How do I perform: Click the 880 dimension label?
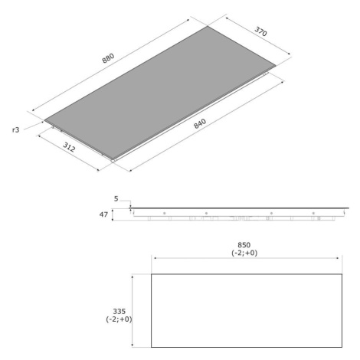[108, 58]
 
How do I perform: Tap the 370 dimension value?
[260, 31]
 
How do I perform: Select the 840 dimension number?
[200, 123]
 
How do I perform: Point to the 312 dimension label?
[69, 147]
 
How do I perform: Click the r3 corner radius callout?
[15, 129]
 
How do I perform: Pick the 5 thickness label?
[116, 198]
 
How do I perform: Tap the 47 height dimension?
[103, 214]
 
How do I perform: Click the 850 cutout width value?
[244, 245]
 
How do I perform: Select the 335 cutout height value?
[119, 311]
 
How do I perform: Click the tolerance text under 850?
[244, 253]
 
